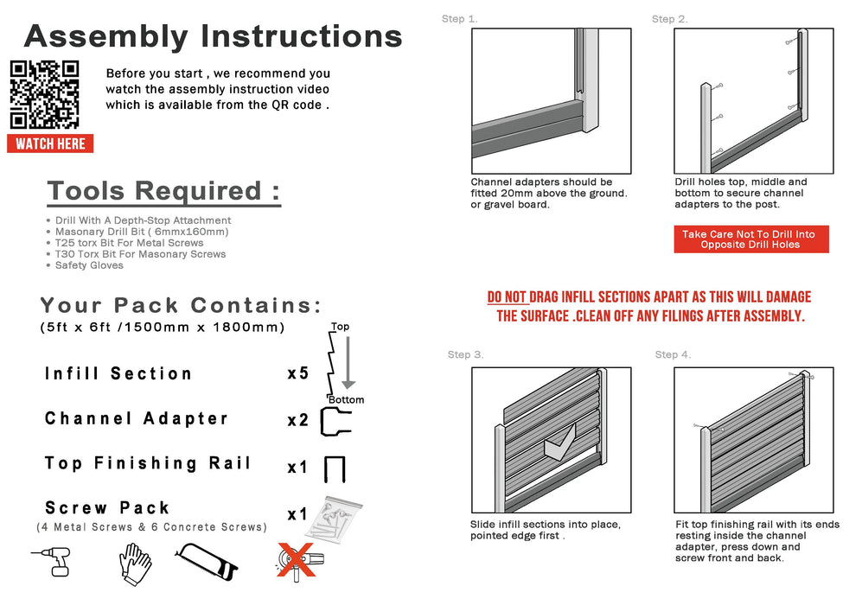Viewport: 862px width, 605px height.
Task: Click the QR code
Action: click(44, 95)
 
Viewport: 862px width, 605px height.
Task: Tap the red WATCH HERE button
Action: click(50, 143)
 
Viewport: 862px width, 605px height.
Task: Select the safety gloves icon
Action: click(135, 564)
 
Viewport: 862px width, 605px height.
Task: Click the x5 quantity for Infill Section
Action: click(297, 374)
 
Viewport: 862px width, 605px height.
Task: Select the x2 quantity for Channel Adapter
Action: click(297, 420)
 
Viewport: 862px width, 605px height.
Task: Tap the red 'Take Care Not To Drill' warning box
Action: click(750, 239)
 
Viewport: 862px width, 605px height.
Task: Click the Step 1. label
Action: click(459, 19)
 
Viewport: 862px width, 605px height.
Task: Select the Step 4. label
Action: click(673, 354)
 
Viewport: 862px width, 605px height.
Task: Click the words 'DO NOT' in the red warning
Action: click(507, 298)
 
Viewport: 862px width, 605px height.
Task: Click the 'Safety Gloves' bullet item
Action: click(89, 265)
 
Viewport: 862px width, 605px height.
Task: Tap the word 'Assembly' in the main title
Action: click(105, 36)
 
